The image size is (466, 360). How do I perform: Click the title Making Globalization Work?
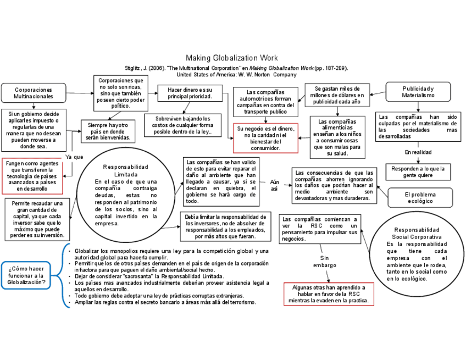point(231,58)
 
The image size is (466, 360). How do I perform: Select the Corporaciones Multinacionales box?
point(34,93)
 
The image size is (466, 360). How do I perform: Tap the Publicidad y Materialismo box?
point(418,92)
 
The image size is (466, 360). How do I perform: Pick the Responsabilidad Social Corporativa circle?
point(417,254)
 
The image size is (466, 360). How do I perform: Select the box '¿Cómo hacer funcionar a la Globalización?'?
point(27,275)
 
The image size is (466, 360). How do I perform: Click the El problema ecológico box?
point(420,198)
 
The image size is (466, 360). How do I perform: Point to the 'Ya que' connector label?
point(74,157)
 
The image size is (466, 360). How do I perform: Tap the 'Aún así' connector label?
point(275,185)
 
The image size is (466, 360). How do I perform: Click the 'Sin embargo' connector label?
point(324,262)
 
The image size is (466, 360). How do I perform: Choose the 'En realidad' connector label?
point(418,152)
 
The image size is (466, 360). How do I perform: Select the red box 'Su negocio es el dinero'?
point(265,138)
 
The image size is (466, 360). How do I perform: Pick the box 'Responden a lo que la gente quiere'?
point(418,172)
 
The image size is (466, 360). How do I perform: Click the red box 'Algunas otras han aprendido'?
point(329,294)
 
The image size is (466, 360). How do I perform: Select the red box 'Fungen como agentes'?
point(33,176)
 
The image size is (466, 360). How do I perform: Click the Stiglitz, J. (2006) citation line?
point(236,68)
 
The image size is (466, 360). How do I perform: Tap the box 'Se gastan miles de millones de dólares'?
point(337,96)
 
